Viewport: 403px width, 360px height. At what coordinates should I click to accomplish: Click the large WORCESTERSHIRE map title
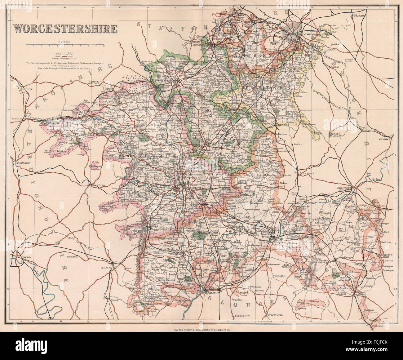coord(65,29)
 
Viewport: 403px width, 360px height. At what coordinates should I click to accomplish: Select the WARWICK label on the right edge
coord(385,139)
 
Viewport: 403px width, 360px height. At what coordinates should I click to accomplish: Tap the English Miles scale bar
coord(65,45)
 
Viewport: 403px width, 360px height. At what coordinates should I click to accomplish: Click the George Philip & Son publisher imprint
coord(202,331)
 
